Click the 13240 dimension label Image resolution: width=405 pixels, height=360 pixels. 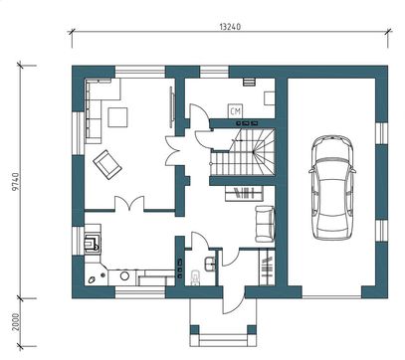pyautogui.click(x=230, y=27)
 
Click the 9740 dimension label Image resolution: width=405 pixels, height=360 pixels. pyautogui.click(x=15, y=181)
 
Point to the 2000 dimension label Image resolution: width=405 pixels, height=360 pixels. pyautogui.click(x=15, y=322)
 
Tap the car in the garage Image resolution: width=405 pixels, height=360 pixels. pyautogui.click(x=332, y=187)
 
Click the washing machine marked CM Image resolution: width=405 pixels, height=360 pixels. pyautogui.click(x=235, y=111)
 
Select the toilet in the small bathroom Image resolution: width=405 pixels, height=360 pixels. pyautogui.click(x=196, y=277)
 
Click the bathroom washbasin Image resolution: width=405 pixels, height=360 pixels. pyautogui.click(x=210, y=264)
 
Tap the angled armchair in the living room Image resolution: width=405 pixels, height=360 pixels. pyautogui.click(x=107, y=164)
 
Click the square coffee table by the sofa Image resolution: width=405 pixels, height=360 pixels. pyautogui.click(x=117, y=117)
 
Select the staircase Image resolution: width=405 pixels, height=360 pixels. pyautogui.click(x=243, y=152)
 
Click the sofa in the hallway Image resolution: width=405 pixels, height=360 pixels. pyautogui.click(x=265, y=224)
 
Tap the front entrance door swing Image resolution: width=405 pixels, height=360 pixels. pyautogui.click(x=233, y=301)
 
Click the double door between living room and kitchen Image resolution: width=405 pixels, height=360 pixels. pyautogui.click(x=129, y=204)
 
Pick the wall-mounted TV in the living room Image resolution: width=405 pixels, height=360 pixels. pyautogui.click(x=171, y=106)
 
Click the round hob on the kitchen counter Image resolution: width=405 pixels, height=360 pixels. pyautogui.click(x=124, y=275)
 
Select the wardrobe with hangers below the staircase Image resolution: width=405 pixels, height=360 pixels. pyautogui.click(x=244, y=193)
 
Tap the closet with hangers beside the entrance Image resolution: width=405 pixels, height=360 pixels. pyautogui.click(x=267, y=267)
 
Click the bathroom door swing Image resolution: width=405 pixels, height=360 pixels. pyautogui.click(x=200, y=241)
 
